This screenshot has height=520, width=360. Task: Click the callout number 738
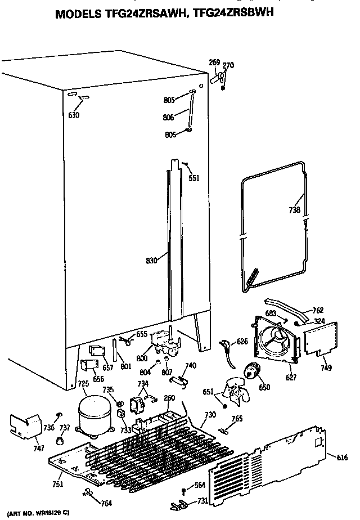click(294, 210)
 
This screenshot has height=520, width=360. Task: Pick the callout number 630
click(74, 115)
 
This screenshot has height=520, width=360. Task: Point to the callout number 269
click(214, 62)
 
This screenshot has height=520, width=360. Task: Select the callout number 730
click(210, 415)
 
